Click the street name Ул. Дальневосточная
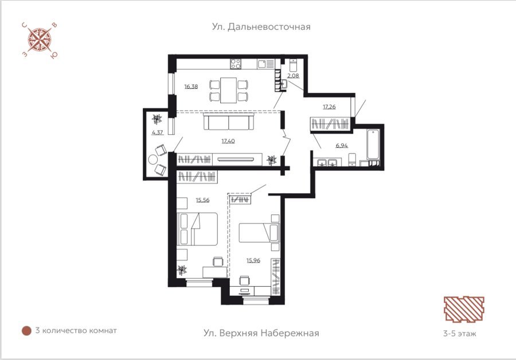pyautogui.click(x=261, y=26)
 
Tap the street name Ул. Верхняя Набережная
pyautogui.click(x=261, y=333)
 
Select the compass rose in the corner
pyautogui.click(x=40, y=40)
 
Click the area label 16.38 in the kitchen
pyautogui.click(x=191, y=87)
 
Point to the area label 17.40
pyautogui.click(x=228, y=141)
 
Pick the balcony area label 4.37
pyautogui.click(x=157, y=132)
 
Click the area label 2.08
pyautogui.click(x=293, y=76)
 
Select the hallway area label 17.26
pyautogui.click(x=329, y=107)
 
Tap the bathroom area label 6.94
pyautogui.click(x=342, y=146)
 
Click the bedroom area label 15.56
pyautogui.click(x=202, y=200)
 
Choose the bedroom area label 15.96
pyautogui.click(x=253, y=261)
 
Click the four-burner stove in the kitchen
pyautogui.click(x=236, y=64)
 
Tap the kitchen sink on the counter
pyautogui.click(x=264, y=64)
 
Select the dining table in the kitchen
pyautogui.click(x=228, y=90)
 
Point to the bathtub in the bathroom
pyautogui.click(x=373, y=144)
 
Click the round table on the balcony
pyautogui.click(x=153, y=160)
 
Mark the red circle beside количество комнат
pyautogui.click(x=26, y=331)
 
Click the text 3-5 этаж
pyautogui.click(x=460, y=334)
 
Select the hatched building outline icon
pyautogui.click(x=464, y=309)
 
